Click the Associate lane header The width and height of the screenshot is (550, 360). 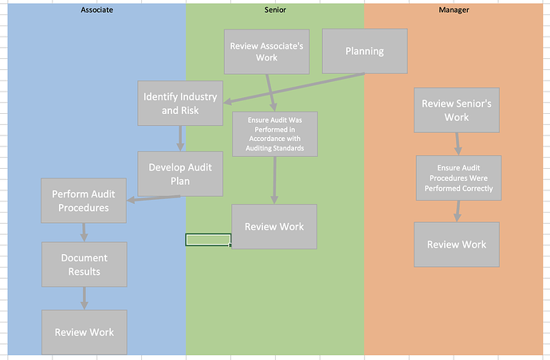pos(96,10)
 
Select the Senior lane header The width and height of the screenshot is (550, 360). pos(275,10)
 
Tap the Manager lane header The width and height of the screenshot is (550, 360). pos(454,10)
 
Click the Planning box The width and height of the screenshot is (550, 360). pos(365,51)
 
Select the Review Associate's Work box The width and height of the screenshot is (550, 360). pos(266,52)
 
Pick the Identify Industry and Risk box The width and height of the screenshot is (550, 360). pos(180,103)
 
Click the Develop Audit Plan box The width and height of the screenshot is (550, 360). pos(180,174)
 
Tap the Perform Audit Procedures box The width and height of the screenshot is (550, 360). pos(84,201)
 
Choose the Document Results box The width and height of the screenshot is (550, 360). pos(84,264)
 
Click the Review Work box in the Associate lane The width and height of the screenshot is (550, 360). pos(84,332)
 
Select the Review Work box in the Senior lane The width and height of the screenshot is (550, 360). pos(274,226)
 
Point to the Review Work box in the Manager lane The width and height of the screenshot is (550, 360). pos(457,245)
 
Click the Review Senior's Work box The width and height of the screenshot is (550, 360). pos(457,110)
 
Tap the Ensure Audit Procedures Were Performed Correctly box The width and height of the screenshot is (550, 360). pos(459,178)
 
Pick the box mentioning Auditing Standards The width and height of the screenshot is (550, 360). pos(275,134)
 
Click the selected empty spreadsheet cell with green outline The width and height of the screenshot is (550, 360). pos(208,240)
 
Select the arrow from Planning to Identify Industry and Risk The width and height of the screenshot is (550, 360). pos(294,88)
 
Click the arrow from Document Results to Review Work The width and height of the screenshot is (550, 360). pos(84,299)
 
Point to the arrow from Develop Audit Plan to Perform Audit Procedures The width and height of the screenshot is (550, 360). pos(153,198)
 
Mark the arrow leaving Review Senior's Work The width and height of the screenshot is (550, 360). pos(458,144)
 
